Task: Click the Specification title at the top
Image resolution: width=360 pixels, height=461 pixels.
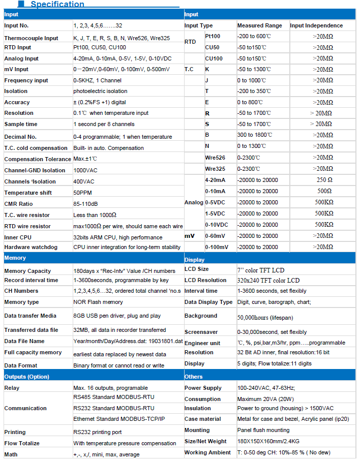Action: coord(57,5)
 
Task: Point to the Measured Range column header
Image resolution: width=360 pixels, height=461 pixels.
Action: coord(259,25)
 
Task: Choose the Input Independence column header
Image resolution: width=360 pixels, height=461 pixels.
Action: coord(316,25)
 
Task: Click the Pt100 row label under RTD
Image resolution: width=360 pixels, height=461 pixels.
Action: coord(213,37)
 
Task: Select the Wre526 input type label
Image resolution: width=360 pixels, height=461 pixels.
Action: coord(215,158)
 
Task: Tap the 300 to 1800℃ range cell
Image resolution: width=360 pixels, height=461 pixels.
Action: coord(255,135)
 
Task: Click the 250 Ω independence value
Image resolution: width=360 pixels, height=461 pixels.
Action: coord(324,180)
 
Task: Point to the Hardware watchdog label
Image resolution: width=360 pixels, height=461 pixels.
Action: coord(31,247)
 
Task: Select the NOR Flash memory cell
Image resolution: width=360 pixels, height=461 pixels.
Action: coord(98,302)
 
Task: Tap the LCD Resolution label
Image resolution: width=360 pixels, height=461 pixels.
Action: coord(205,280)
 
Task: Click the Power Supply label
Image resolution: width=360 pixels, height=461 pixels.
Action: coord(203,388)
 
